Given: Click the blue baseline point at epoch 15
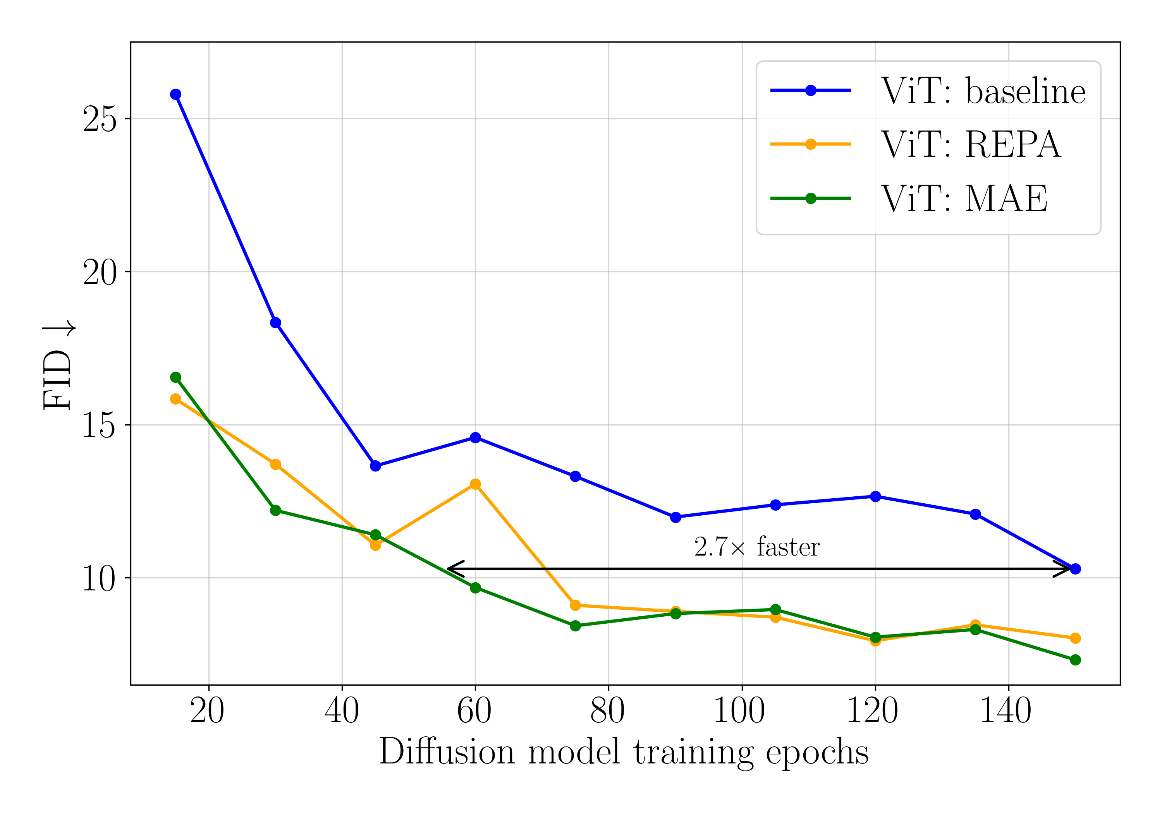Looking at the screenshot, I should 175,94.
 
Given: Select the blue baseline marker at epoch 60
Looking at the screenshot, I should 475,437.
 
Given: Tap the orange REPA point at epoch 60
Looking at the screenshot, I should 475,484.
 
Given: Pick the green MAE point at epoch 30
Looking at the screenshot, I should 275,511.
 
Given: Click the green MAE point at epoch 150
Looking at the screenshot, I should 1076,660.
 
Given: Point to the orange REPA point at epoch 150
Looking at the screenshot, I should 1076,638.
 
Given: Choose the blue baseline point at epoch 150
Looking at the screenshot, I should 1076,569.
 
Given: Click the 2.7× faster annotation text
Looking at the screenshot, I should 756,547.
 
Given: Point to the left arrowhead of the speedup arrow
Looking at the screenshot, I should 450,569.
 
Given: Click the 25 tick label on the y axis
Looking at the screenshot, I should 99,120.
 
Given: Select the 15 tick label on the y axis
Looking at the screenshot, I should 99,425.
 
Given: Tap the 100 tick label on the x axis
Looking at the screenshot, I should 739,711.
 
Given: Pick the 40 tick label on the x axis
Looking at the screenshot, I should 342,711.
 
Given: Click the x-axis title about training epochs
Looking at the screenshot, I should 624,752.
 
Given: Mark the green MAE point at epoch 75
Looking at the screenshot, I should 575,626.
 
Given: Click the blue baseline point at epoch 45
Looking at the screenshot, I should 375,466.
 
